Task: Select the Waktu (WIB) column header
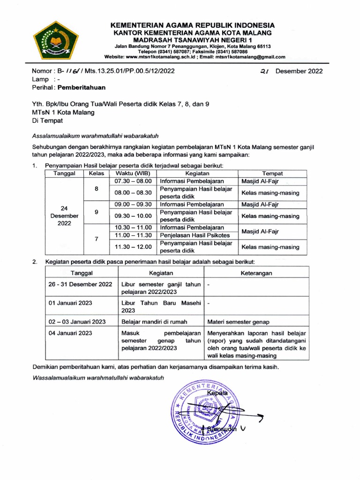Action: [132, 173]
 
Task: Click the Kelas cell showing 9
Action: [96, 212]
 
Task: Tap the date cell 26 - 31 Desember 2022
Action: [81, 284]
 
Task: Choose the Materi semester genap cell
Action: [234, 322]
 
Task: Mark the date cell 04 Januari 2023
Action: [70, 333]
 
